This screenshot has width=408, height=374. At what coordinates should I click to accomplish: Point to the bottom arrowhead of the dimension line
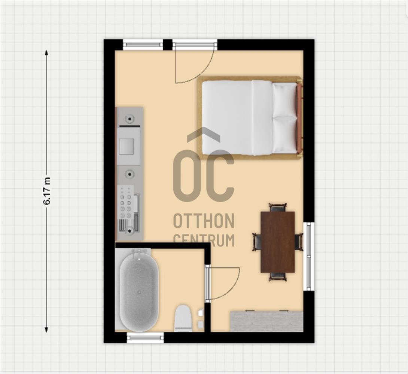46,329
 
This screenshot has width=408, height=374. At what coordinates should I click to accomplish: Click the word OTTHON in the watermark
204,221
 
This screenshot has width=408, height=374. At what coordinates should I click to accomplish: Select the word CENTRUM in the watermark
204,240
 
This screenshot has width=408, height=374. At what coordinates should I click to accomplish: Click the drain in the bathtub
140,292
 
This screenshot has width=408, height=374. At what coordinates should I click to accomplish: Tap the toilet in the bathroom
183,318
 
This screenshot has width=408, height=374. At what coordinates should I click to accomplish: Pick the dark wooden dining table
278,242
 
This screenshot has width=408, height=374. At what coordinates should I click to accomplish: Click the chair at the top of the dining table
278,208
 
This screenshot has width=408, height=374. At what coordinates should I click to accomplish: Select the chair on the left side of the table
257,242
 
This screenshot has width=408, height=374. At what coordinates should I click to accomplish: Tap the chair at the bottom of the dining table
278,277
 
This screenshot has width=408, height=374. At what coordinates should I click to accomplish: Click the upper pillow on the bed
284,100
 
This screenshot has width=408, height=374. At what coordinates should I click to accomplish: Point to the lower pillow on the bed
284,135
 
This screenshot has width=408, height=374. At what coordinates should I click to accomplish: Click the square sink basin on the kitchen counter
127,146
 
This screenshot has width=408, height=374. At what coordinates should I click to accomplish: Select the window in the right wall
309,256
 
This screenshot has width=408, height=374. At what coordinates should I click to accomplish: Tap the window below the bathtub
146,338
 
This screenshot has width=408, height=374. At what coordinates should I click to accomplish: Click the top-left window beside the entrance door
143,45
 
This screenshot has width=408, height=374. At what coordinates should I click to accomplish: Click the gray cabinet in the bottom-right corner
267,322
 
